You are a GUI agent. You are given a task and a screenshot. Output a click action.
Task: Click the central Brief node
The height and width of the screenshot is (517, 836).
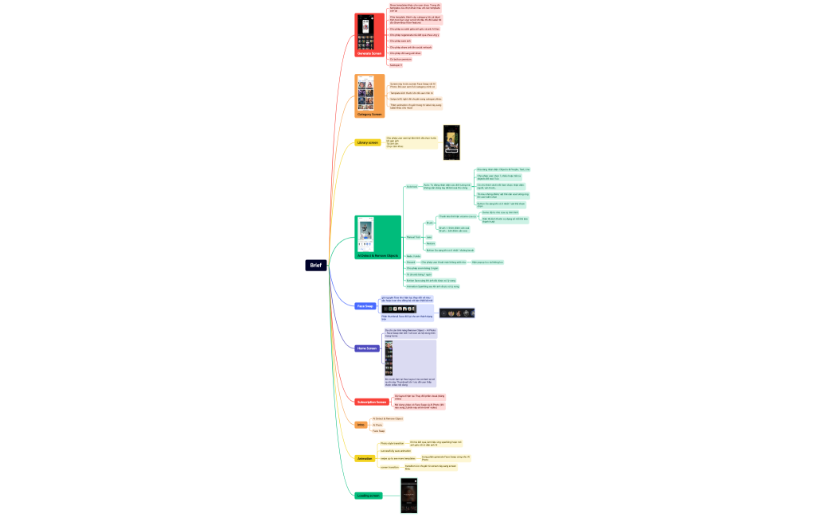coord(316,265)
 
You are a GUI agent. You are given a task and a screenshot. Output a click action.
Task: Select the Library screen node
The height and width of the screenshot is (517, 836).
coord(367,142)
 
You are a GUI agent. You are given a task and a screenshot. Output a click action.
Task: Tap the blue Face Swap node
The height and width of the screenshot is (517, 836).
coord(365,305)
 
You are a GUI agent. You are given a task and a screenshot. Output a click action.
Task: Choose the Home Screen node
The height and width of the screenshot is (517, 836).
coord(367,348)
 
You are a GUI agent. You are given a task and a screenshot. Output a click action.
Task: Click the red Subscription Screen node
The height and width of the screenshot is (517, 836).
coord(371,402)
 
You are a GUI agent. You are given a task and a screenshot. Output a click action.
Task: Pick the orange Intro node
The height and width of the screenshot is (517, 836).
coord(361,425)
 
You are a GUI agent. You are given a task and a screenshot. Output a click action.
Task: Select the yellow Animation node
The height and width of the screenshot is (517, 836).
coord(365,458)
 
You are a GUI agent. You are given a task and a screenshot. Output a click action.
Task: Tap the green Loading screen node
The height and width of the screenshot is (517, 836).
coord(369,496)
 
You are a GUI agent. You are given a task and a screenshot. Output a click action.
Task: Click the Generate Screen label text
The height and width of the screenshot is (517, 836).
coord(369,53)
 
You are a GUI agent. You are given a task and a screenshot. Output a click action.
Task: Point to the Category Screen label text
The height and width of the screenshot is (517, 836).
coord(369,114)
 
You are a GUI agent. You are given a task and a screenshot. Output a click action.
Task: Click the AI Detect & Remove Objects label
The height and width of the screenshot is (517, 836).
coord(377,255)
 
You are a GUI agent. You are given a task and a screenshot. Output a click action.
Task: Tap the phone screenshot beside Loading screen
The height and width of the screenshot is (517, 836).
coord(408,496)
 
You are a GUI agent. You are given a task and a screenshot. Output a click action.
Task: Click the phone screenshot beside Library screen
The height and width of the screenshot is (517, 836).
coord(452,142)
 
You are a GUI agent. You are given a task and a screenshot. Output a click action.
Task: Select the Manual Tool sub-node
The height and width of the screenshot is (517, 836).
coord(412,237)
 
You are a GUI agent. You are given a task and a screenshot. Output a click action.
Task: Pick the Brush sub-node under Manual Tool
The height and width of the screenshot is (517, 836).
coord(429,223)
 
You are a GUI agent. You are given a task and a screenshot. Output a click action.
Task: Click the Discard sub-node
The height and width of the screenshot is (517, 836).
coord(411,262)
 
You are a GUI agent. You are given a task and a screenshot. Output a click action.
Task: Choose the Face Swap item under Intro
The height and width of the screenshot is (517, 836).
coord(378,431)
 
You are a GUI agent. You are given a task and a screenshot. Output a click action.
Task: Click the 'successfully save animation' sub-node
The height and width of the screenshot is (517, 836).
coord(396,451)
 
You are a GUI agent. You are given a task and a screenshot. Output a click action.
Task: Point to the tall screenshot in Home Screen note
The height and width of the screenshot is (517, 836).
coord(389,358)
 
